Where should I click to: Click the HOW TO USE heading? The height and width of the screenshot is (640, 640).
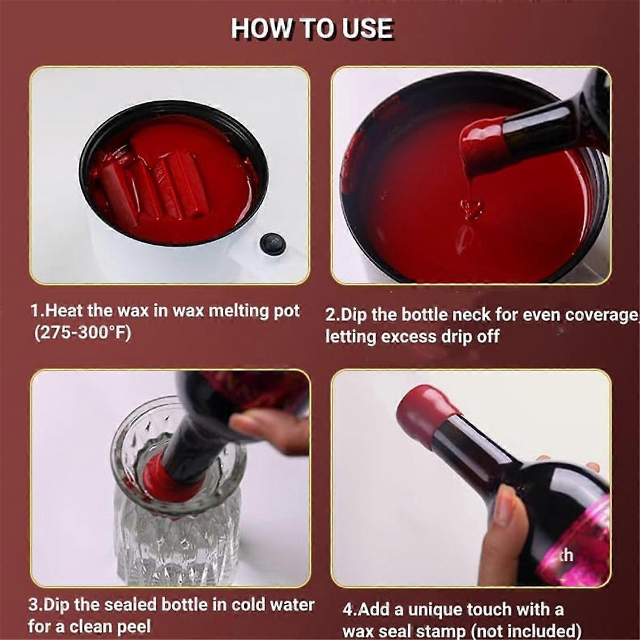[312, 29]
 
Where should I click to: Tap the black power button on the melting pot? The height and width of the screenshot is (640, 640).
[273, 244]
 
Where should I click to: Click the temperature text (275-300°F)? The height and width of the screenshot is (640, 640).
[83, 333]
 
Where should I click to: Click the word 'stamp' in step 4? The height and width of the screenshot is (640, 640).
[442, 631]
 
